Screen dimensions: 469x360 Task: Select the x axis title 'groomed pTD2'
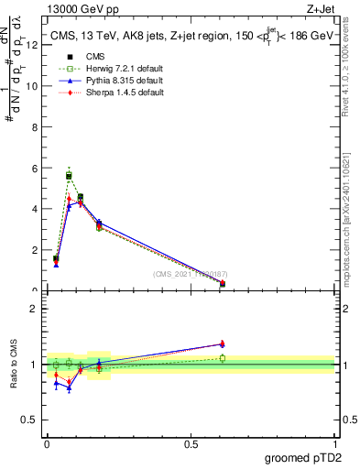pos(303,457)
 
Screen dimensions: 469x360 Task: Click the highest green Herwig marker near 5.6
pos(69,175)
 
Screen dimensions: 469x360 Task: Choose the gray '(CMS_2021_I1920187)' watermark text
pos(189,274)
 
